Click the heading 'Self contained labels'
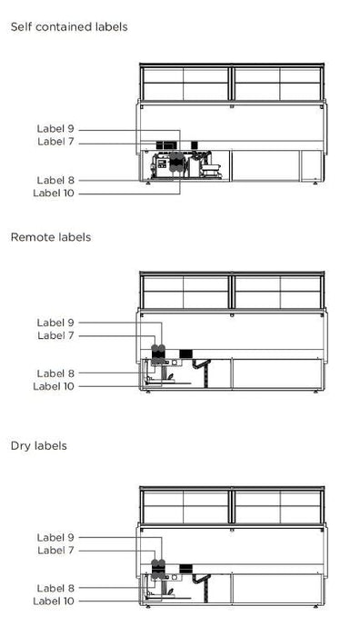(x=69, y=27)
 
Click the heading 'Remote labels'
(x=51, y=237)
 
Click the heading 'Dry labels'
(x=39, y=446)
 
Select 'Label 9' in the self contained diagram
(x=55, y=129)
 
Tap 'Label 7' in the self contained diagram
(x=55, y=142)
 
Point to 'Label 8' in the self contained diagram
(x=55, y=180)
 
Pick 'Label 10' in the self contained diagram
(x=54, y=193)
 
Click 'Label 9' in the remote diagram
(x=55, y=323)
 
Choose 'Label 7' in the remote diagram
(x=55, y=335)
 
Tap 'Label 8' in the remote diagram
(x=55, y=373)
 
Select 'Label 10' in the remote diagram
(x=54, y=386)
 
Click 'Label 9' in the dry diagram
(x=55, y=537)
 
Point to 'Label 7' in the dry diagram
(x=55, y=550)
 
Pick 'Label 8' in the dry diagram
(x=55, y=588)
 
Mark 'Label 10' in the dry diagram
(x=54, y=601)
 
